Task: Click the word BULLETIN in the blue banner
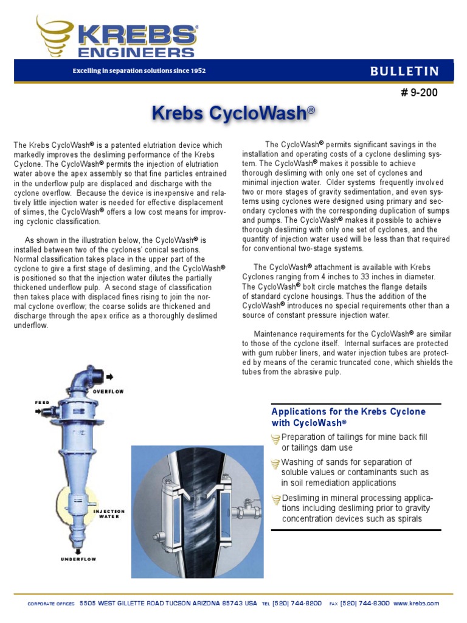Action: pos(404,71)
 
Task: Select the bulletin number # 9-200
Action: pos(418,93)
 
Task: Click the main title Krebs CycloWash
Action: pos(233,113)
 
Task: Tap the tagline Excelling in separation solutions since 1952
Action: pos(139,71)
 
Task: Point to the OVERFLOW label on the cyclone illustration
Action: pos(108,392)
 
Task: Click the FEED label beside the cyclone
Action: pos(42,403)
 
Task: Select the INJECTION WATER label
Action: pos(109,514)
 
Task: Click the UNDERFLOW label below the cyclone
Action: pos(78,559)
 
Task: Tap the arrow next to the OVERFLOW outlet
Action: pos(109,377)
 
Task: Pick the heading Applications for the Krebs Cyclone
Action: pos(348,412)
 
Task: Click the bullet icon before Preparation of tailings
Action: pos(275,438)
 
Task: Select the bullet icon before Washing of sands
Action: pos(275,463)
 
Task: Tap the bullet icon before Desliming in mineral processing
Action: pos(275,499)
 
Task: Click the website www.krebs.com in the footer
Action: pos(416,604)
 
